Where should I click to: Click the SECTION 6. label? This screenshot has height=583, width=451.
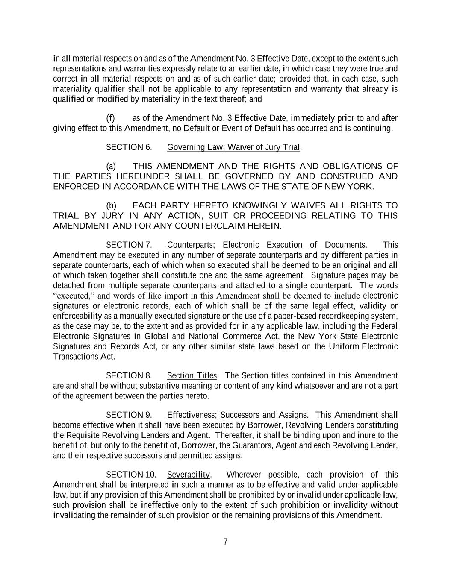[129, 147]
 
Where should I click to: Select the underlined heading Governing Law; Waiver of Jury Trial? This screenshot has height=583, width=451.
[233, 147]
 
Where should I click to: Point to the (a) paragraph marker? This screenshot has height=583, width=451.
[111, 166]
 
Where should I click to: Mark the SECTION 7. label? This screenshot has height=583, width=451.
[129, 245]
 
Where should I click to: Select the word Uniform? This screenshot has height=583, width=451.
[344, 346]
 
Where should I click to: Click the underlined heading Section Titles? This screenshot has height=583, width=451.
[192, 376]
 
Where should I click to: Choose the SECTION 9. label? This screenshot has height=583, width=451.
[129, 415]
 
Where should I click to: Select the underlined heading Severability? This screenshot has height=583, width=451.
[188, 475]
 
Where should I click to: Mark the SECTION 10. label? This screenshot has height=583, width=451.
[131, 475]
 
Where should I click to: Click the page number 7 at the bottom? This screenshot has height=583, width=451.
[225, 542]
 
